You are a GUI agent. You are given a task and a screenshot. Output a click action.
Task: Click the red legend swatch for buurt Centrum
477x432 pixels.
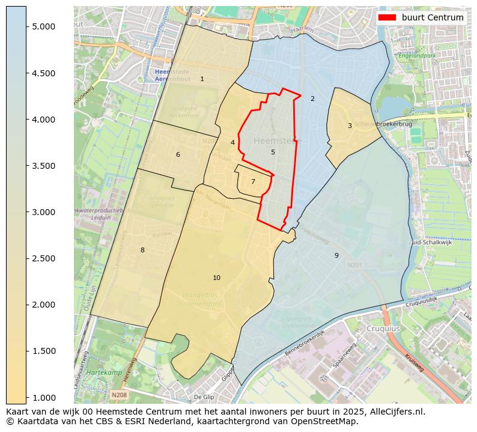[x=387, y=17]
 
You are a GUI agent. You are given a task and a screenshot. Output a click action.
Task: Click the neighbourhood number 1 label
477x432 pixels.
[x=202, y=79]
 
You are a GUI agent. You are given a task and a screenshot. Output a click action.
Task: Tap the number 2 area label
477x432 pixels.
[x=312, y=99]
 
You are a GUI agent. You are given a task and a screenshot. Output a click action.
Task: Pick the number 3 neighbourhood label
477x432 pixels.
[x=350, y=126]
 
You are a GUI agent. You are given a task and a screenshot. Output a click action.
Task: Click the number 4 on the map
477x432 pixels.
[x=232, y=142]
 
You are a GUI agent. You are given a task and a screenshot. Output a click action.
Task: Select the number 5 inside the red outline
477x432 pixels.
[x=273, y=152]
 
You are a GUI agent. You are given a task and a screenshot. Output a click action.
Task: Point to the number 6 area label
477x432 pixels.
[x=178, y=154]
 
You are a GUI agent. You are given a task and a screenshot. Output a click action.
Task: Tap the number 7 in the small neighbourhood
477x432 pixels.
[x=253, y=181]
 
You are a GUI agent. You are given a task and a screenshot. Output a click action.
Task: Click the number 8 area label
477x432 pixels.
[x=142, y=250]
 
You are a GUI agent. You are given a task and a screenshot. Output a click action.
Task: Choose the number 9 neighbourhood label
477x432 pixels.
[x=336, y=255]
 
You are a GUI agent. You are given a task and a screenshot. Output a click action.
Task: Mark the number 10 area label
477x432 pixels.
[x=216, y=278]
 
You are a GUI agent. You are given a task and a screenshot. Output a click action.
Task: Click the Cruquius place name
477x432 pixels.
[x=383, y=329]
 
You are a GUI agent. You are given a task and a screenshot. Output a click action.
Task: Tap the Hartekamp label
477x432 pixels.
[x=100, y=373]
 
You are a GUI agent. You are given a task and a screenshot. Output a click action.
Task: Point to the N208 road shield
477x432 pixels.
[x=119, y=395]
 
